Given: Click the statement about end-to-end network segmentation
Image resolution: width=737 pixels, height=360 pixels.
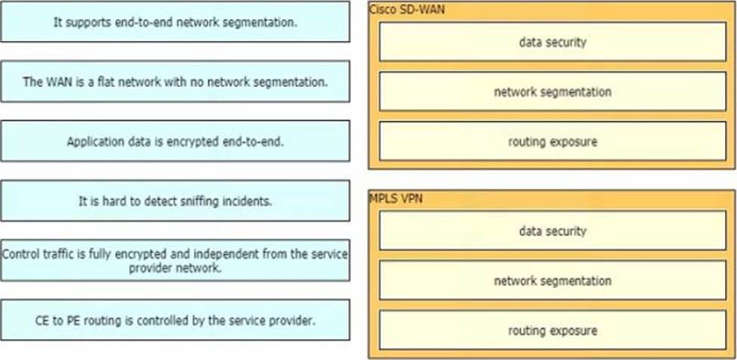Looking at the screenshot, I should click(x=175, y=22).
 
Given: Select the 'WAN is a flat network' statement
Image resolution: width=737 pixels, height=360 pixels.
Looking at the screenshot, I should click(x=175, y=82).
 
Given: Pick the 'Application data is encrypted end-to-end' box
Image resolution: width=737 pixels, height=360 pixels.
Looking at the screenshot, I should click(x=175, y=141).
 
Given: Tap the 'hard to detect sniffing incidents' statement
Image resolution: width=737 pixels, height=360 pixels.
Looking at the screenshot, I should click(x=175, y=200).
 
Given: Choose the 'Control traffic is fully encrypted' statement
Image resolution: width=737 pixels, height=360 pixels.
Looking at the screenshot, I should click(x=175, y=260).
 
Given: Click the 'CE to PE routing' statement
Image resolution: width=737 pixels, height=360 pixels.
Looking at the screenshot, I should click(x=175, y=320).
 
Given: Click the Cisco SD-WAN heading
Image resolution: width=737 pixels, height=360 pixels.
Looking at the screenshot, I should click(x=398, y=8).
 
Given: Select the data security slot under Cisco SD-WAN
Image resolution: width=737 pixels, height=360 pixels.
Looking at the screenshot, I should click(x=552, y=42).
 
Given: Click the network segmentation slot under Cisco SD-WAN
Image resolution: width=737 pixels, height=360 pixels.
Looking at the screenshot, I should click(x=552, y=92).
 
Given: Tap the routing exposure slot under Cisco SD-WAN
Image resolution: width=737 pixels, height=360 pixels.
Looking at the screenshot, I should click(x=552, y=141).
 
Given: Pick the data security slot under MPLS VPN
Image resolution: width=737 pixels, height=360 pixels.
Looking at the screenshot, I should click(x=552, y=231).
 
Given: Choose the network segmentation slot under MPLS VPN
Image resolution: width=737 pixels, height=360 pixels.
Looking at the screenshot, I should click(x=552, y=281).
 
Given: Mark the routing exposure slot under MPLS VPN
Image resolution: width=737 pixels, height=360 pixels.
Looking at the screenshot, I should click(x=552, y=331).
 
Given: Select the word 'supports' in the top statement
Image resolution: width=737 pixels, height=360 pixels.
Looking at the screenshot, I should click(x=88, y=22).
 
